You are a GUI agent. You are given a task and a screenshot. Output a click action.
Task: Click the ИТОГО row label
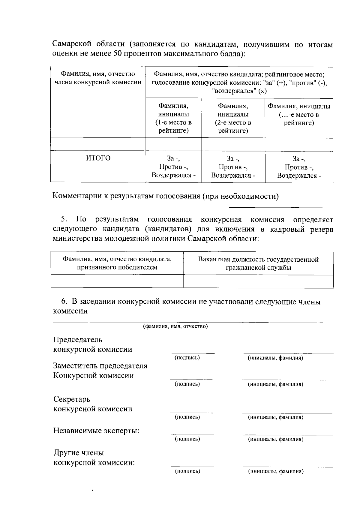(98, 158)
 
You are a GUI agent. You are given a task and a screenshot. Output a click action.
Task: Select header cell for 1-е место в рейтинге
(173, 118)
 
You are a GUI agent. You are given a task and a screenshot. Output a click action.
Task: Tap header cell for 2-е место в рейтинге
(233, 118)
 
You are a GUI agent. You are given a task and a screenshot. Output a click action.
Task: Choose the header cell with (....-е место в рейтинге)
(299, 114)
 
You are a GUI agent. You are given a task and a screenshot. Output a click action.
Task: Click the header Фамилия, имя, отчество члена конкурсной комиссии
(98, 78)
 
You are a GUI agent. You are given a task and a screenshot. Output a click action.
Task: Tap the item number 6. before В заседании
(64, 302)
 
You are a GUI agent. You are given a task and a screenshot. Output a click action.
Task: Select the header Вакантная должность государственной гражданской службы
(258, 263)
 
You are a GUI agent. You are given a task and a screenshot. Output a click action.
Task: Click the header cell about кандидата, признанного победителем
(117, 263)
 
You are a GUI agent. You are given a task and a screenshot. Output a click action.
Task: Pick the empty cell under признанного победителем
(117, 281)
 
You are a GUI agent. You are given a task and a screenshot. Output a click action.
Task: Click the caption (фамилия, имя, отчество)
(175, 326)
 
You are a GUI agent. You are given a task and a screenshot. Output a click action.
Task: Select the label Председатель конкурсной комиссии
(92, 344)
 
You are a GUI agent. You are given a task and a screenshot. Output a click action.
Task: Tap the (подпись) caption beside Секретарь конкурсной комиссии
(187, 417)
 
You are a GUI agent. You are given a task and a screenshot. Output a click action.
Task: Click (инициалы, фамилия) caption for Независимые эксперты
(275, 439)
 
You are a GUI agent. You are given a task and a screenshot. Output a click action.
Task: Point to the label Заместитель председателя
(100, 366)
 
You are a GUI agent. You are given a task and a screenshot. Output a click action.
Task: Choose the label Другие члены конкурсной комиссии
(94, 458)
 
